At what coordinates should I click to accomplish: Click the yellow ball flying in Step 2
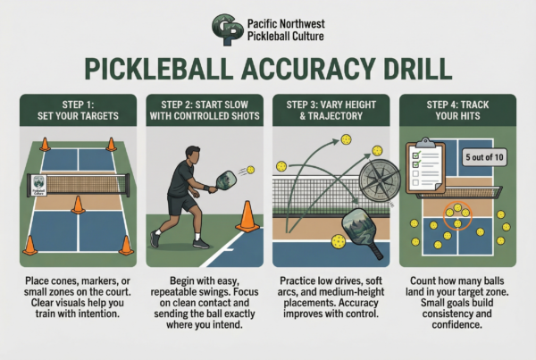250,169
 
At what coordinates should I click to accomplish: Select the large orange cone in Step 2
246,219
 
